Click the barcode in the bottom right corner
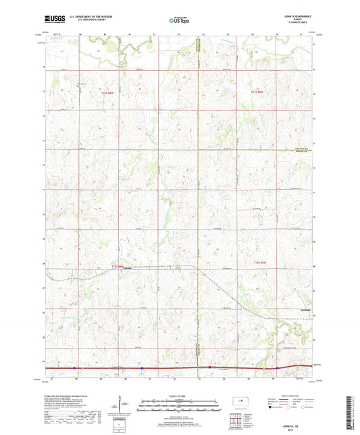tap(349, 413)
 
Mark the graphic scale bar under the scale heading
tap(178, 407)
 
